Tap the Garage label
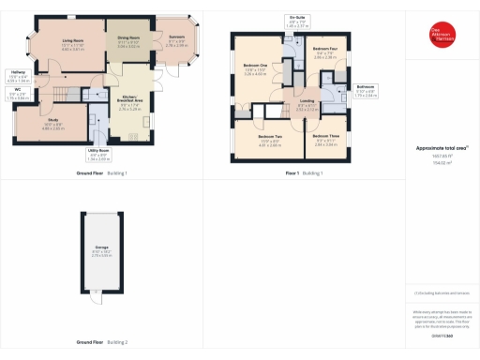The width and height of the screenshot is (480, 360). pos(104,251)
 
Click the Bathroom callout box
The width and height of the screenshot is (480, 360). pos(366,92)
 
